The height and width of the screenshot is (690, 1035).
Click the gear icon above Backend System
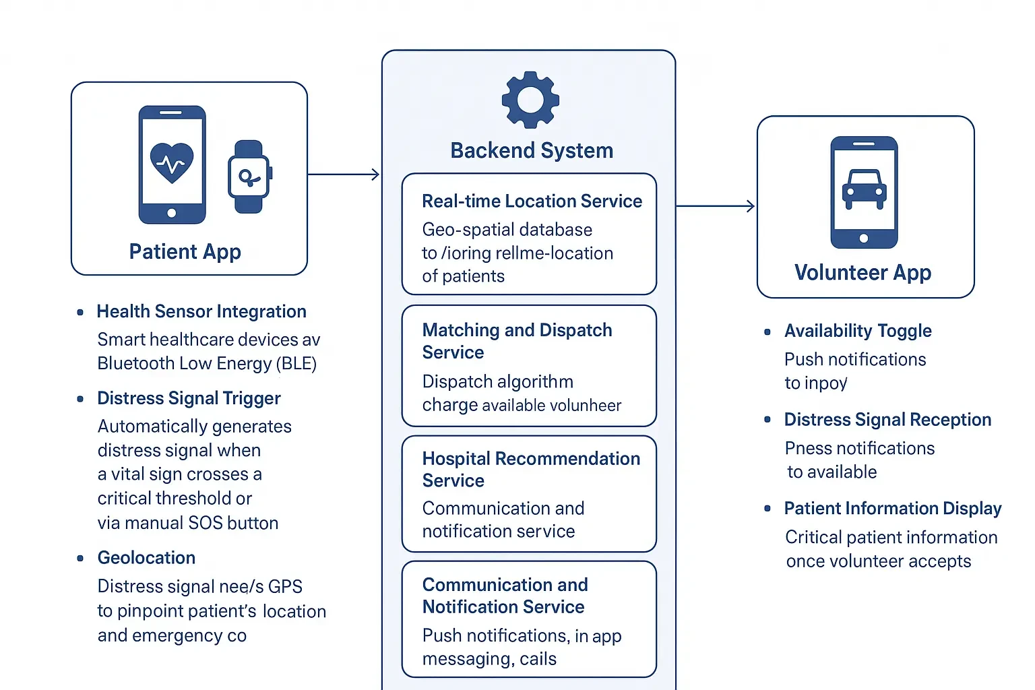530,100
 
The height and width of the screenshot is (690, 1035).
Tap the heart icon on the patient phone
172,162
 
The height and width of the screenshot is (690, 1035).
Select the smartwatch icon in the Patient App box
249,177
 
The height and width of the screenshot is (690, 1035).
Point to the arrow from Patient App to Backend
344,175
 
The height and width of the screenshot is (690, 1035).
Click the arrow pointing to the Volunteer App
715,206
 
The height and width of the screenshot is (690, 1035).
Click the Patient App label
185,252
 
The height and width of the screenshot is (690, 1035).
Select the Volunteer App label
862,273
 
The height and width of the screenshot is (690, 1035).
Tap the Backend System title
532,150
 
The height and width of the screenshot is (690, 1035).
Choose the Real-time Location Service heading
532,201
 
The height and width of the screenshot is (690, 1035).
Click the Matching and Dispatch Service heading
517,341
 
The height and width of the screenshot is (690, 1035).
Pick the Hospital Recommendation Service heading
531,469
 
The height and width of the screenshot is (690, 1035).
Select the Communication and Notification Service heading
505,596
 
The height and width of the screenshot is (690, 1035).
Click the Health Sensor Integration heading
201,311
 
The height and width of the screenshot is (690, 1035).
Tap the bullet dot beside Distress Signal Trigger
80,399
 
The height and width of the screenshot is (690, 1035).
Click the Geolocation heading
146,558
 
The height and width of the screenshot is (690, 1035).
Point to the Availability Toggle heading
858,331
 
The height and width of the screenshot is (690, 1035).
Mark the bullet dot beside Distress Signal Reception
767,420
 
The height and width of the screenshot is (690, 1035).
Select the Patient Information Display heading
893,509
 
